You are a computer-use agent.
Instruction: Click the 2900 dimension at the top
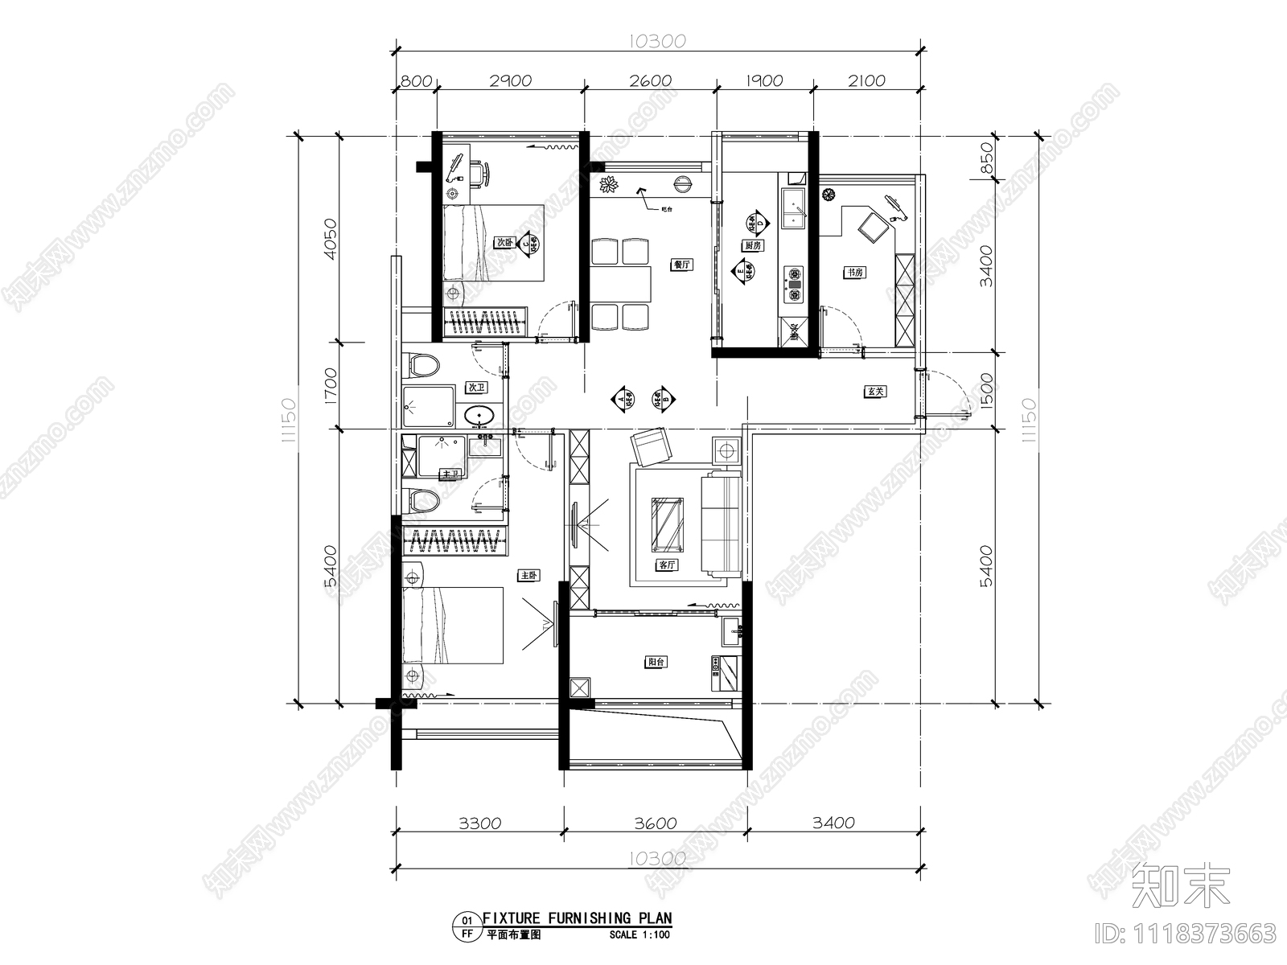[x=510, y=80]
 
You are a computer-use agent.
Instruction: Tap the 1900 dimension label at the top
[x=764, y=80]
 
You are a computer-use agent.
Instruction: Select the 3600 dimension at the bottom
[x=655, y=823]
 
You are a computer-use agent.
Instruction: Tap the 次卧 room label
[x=504, y=241]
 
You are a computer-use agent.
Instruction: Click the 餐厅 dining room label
[x=682, y=264]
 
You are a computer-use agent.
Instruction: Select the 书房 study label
[x=853, y=273]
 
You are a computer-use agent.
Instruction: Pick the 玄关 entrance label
[x=876, y=392]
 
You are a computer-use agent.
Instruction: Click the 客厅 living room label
[x=667, y=565]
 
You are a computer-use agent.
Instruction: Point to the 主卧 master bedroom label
[x=528, y=576]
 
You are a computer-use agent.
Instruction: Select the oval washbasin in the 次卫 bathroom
[x=479, y=416]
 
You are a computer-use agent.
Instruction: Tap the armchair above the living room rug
[x=652, y=447]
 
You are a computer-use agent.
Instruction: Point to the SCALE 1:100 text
[x=640, y=934]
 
